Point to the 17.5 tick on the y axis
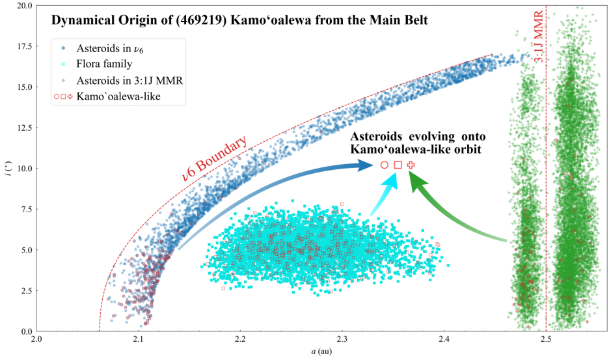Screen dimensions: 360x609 point(23,46)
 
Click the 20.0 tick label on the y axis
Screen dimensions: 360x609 point(23,5)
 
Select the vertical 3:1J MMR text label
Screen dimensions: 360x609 point(539,42)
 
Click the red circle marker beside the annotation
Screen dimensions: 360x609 point(384,165)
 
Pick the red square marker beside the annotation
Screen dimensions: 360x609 point(398,165)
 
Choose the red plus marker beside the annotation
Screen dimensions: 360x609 point(411,165)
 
